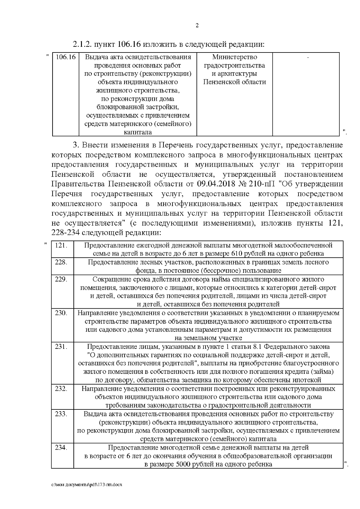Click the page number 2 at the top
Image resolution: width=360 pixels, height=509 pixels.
coord(197,25)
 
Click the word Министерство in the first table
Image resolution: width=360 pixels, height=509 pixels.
coord(235,57)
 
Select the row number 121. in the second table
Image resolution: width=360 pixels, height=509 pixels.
coord(61,245)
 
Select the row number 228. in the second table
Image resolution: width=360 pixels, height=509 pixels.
coord(61,262)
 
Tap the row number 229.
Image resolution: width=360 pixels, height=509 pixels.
coord(61,279)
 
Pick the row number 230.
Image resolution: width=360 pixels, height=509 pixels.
coord(61,313)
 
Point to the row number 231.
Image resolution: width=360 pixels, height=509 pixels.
coord(61,346)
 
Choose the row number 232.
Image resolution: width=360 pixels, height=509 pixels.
coord(61,388)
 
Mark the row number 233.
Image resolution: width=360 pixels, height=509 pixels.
coord(61,414)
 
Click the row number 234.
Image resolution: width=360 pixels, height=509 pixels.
coord(61,448)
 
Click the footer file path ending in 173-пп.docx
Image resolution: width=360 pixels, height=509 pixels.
coord(87,485)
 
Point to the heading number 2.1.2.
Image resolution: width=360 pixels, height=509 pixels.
coord(82,45)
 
